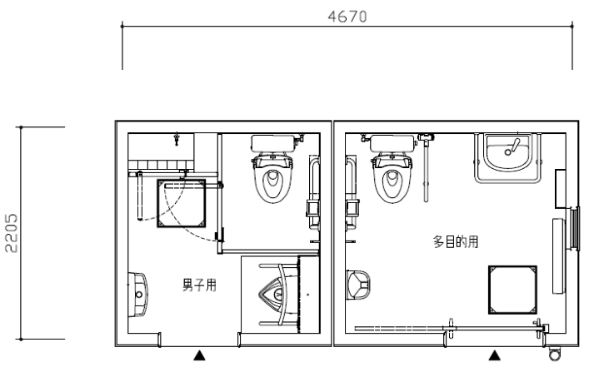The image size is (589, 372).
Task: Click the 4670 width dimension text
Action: pos(347,17)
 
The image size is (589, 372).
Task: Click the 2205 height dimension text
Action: pos(12,233)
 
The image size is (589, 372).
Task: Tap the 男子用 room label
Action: pos(199,285)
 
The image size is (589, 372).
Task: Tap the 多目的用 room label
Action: pos(456,241)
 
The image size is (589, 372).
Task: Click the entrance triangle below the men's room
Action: pos(199,355)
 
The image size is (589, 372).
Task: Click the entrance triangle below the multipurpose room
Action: pos(495,355)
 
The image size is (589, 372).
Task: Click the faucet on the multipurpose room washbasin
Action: pos(512,147)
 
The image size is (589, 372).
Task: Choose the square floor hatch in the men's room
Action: pos(182,203)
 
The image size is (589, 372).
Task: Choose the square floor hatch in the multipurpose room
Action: pos(512,290)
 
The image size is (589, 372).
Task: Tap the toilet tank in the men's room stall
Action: pos(276,143)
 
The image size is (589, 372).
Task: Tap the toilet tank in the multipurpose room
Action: pos(392,143)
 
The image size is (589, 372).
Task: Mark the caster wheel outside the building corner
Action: pos(554,353)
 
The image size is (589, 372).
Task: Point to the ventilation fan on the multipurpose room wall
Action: pos(574,230)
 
